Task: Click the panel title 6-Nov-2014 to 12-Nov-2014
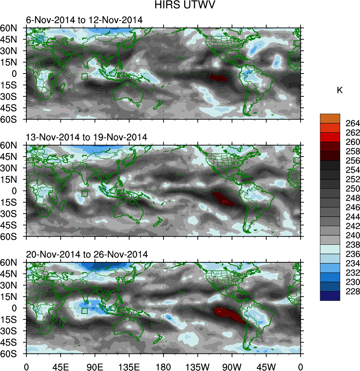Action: click(x=84, y=20)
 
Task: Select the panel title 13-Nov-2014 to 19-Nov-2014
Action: click(x=86, y=137)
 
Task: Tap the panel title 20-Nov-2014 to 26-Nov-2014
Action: click(x=87, y=254)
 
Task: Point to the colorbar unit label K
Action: click(x=339, y=90)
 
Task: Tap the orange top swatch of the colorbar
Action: click(x=330, y=118)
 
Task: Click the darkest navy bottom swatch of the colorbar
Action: click(x=330, y=296)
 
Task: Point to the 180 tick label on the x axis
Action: click(x=163, y=366)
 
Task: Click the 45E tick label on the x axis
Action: click(x=60, y=366)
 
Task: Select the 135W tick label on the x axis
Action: click(x=197, y=366)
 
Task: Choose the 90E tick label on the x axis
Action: click(x=95, y=366)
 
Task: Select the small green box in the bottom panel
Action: click(x=85, y=311)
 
